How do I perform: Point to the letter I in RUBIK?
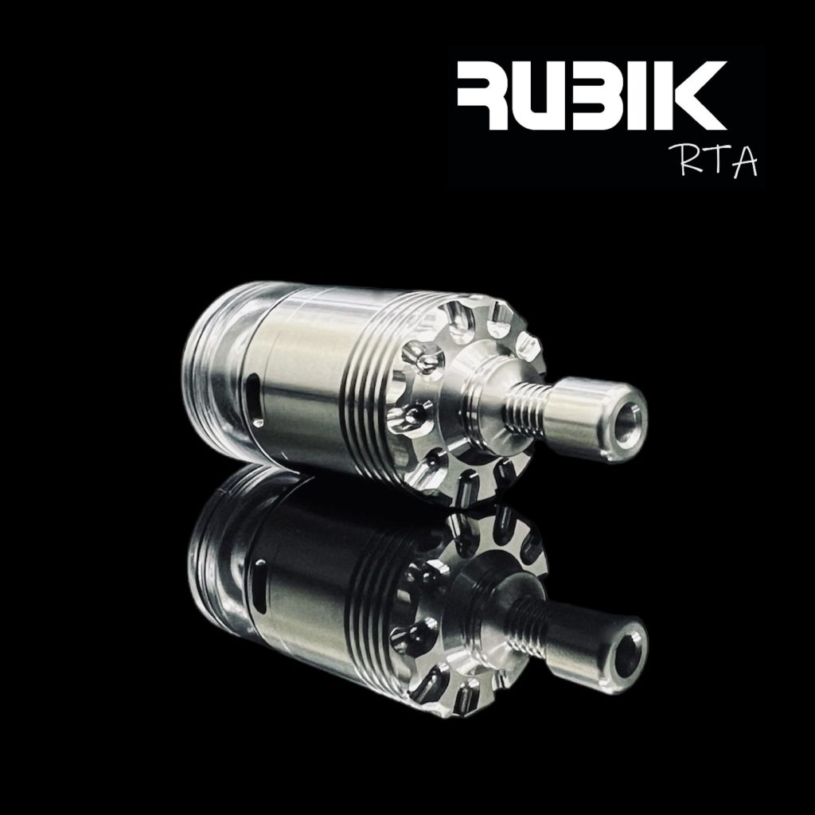(651, 99)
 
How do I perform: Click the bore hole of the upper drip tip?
(629, 417)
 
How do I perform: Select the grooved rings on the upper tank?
(369, 382)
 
